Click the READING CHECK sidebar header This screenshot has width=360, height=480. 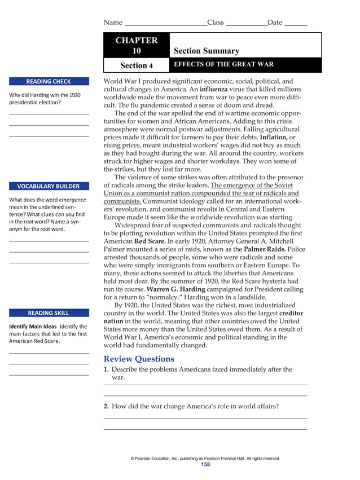tap(49, 81)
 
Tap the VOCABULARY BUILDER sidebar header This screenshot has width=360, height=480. tap(49, 186)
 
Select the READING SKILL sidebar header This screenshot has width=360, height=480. tap(49, 312)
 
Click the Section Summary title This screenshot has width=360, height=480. tap(207, 51)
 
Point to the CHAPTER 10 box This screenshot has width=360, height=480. tap(137, 45)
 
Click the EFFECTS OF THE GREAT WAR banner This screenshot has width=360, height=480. tap(224, 64)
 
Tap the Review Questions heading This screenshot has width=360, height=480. tap(139, 359)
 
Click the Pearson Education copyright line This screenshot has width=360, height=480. tap(205, 458)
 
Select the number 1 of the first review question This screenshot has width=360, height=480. tap(106, 369)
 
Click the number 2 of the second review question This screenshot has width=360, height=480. tap(106, 406)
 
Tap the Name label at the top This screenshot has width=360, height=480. tap(113, 23)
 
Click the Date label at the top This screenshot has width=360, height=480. tap(275, 23)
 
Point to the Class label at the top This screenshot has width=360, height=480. tap(216, 23)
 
